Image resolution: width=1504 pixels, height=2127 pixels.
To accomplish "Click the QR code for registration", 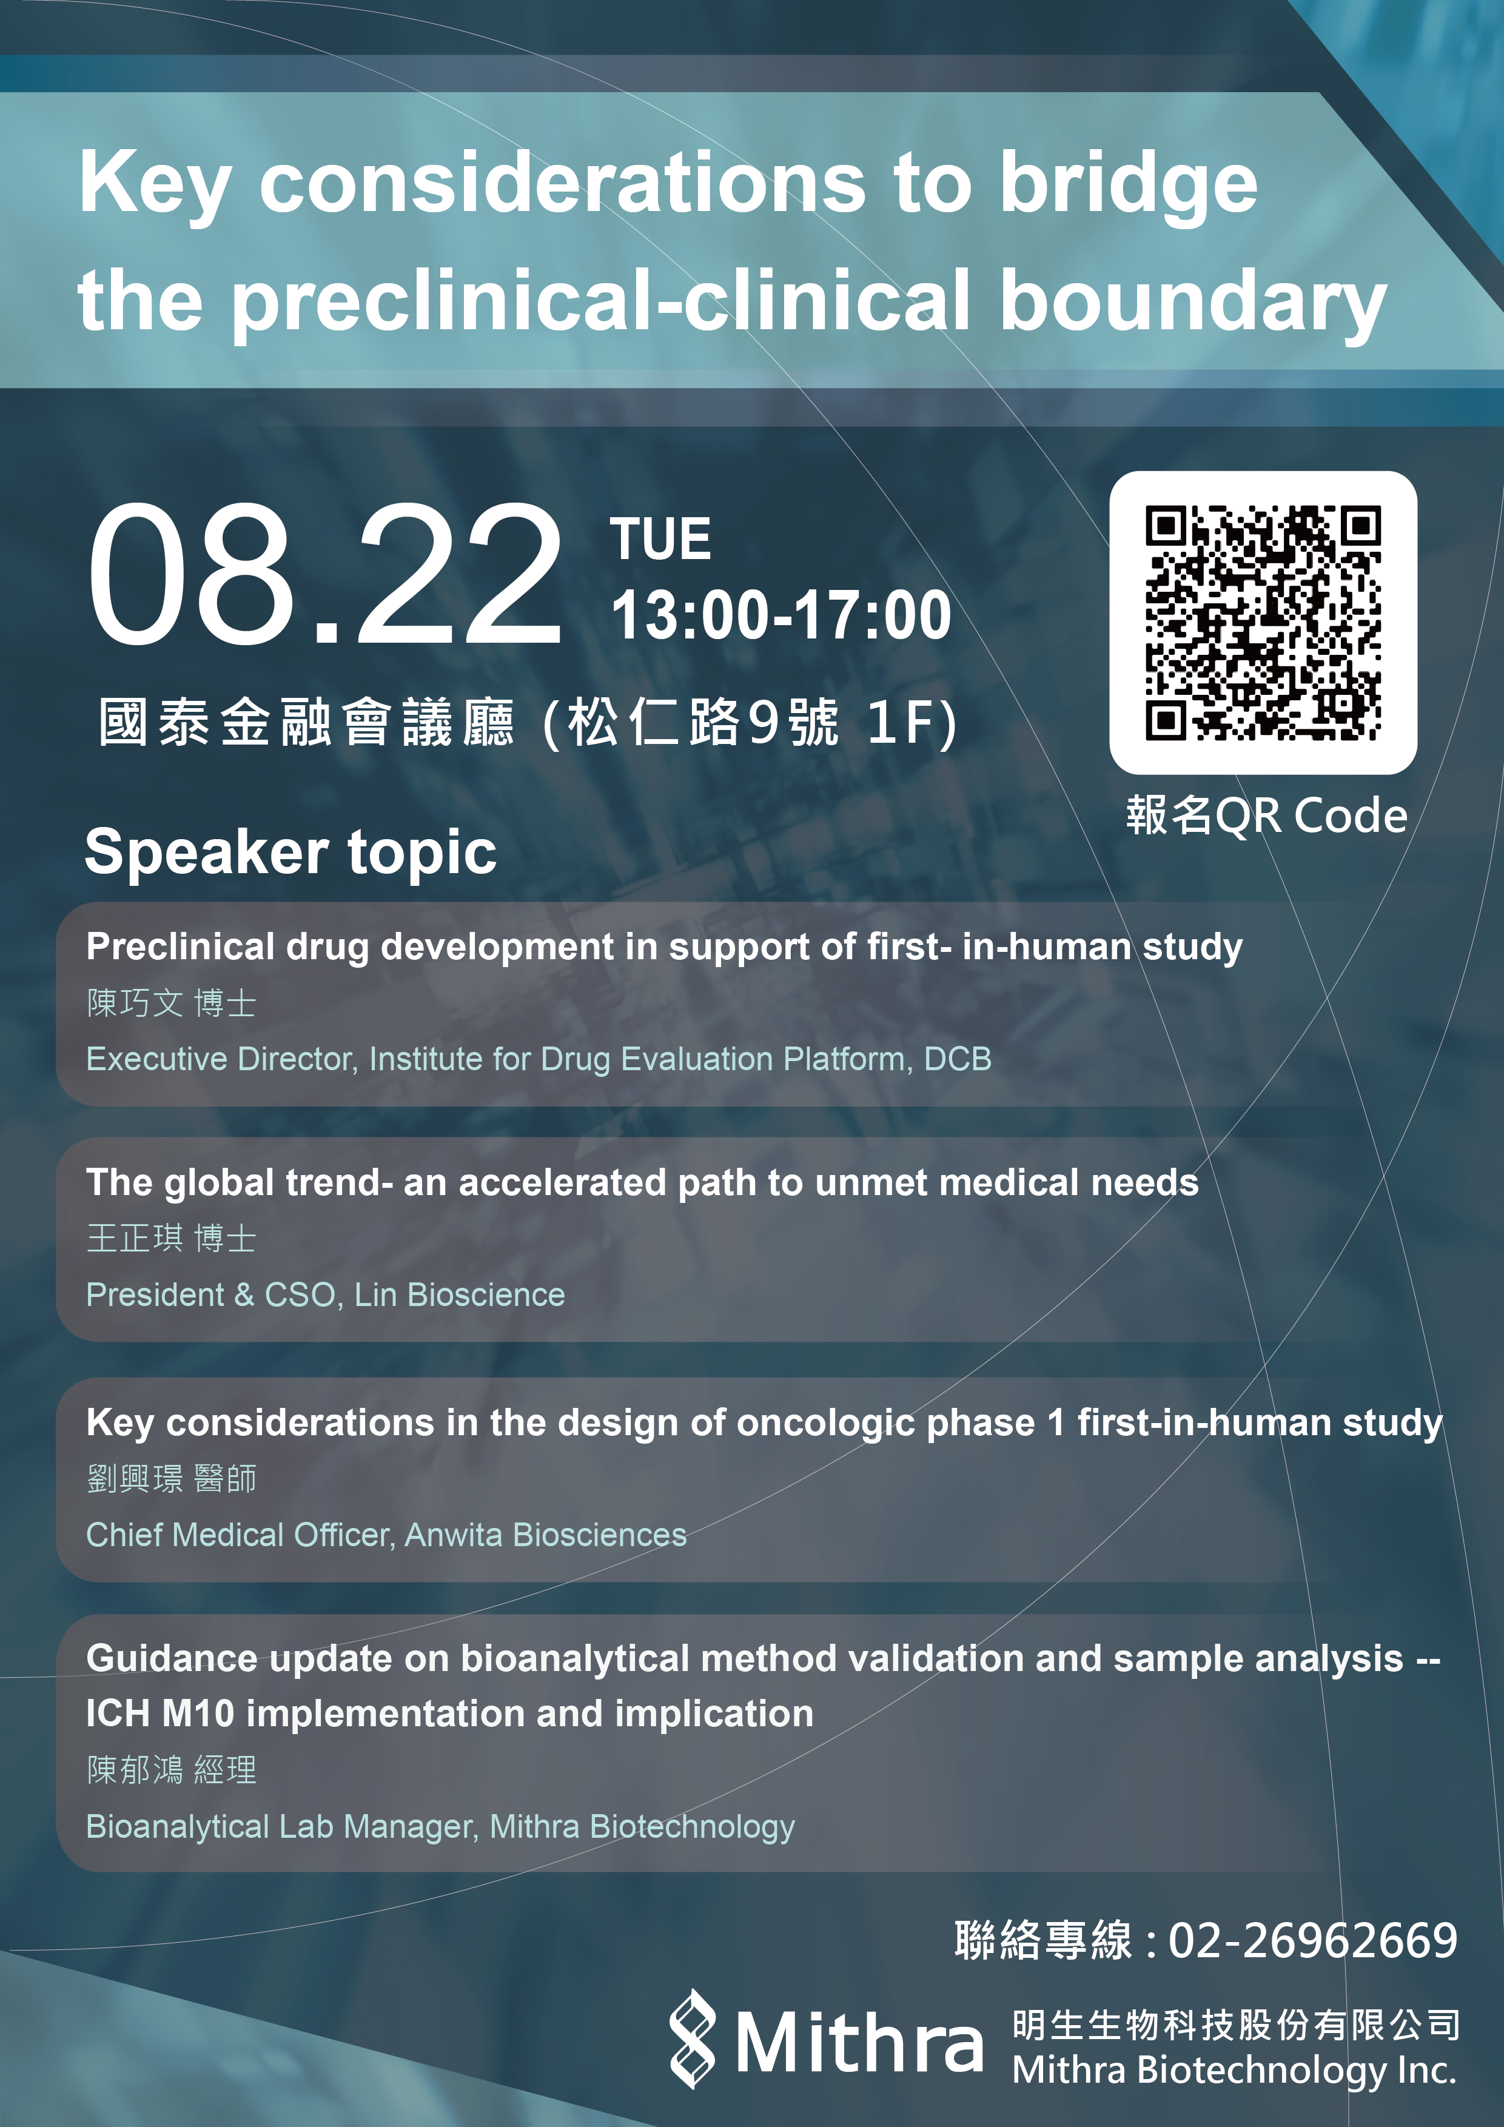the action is [1263, 623].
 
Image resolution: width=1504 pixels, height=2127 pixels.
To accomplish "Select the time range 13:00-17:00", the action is [781, 615].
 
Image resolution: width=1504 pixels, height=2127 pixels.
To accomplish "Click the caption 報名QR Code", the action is [1267, 816].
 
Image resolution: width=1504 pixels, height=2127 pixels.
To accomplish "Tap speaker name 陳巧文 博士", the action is [172, 1003].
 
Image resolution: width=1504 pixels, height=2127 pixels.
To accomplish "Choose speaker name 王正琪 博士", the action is [172, 1239].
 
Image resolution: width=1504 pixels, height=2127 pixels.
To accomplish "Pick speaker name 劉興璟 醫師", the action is [172, 1478].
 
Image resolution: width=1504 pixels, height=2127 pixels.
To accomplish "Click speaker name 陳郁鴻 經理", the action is [172, 1770].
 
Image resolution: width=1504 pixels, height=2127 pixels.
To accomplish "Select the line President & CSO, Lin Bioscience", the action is [325, 1295].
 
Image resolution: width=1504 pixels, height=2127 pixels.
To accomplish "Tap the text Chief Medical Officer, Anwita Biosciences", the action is [386, 1535].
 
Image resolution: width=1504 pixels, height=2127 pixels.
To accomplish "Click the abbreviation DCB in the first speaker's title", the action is [957, 1059].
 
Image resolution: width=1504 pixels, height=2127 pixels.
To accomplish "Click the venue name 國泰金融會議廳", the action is [306, 723].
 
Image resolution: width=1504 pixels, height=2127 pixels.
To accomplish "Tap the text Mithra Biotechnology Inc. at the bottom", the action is [1234, 2071].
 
